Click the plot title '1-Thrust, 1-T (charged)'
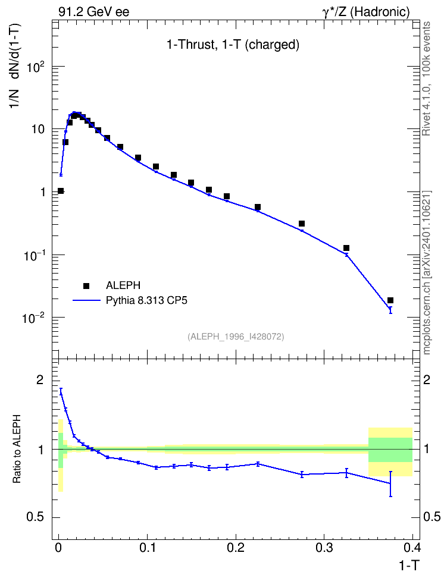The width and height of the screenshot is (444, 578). point(233,45)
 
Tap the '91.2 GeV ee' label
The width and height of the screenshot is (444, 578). point(94,12)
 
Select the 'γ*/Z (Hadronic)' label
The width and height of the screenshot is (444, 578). point(366,12)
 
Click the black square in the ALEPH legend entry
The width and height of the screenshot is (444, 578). point(86,285)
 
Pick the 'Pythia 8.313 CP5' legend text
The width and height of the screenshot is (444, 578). point(146,300)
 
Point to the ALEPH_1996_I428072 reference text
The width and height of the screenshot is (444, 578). point(236,337)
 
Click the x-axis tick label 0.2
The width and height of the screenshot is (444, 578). point(236,548)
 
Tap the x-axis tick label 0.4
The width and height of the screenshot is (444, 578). point(412,548)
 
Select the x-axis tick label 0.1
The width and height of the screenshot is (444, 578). point(147,548)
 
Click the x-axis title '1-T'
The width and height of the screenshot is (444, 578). point(409,566)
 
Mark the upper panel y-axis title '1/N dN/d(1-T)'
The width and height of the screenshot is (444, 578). point(15,67)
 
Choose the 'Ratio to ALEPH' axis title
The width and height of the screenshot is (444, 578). point(16,449)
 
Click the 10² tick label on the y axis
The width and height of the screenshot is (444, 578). point(36,68)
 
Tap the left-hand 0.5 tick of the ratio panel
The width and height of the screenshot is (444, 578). point(35,517)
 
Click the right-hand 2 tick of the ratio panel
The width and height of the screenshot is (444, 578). point(427,380)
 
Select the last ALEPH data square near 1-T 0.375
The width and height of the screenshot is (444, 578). point(390,300)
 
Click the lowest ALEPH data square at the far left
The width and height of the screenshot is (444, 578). point(61,191)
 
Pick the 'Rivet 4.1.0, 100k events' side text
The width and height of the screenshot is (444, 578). point(426,78)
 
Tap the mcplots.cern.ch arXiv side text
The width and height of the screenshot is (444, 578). point(427,273)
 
